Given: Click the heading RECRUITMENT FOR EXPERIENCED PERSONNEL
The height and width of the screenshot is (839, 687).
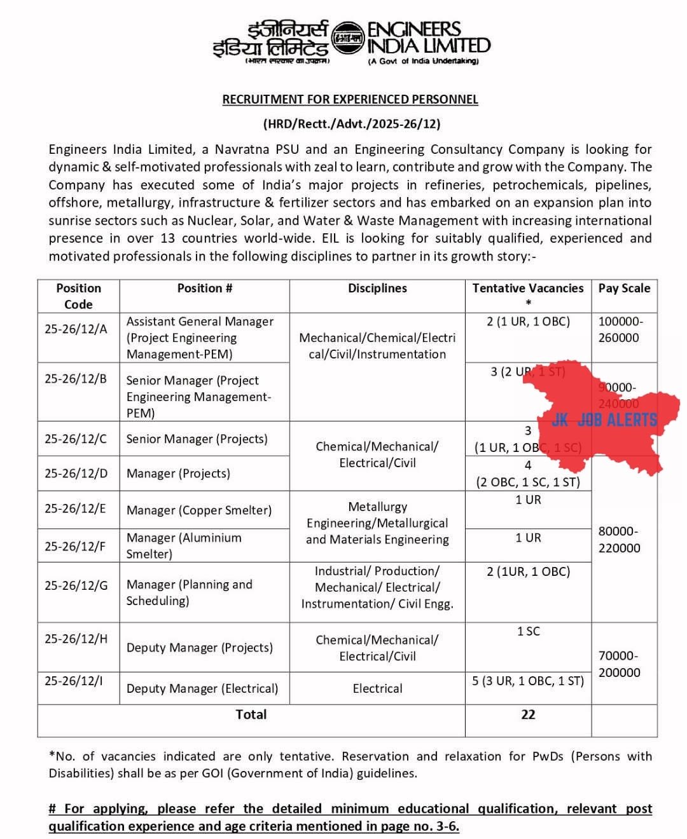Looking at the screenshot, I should click(350, 99).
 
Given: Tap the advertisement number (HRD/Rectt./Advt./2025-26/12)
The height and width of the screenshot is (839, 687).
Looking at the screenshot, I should click(351, 123).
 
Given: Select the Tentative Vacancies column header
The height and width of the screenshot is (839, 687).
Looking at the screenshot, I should click(527, 289).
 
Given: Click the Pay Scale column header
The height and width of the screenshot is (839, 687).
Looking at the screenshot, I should click(624, 288).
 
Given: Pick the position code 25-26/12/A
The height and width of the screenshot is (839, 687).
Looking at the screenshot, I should click(76, 329).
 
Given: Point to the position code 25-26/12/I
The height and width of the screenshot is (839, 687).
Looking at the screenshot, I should click(73, 681).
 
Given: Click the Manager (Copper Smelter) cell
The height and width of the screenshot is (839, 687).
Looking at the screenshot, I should click(198, 510).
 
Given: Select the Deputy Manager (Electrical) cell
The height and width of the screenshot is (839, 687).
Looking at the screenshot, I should click(202, 688).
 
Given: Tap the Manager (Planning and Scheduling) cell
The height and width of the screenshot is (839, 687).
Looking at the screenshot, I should click(190, 592).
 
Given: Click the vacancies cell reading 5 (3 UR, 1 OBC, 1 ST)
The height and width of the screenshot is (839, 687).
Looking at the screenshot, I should click(528, 681).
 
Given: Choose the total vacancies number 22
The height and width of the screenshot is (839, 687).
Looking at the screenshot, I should click(528, 714).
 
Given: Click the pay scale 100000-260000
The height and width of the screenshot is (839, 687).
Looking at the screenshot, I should click(620, 329).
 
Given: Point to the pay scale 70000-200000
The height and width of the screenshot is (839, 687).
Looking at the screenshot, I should click(619, 664).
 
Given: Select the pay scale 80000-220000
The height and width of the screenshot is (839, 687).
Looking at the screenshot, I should click(619, 539).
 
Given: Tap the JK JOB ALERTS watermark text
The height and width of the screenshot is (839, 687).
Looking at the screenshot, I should click(604, 419).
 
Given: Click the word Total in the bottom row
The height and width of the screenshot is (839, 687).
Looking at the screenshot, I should click(251, 714).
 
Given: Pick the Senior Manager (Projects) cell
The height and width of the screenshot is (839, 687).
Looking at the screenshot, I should click(197, 439).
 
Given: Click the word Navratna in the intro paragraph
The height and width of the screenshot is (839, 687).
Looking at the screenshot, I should click(242, 149).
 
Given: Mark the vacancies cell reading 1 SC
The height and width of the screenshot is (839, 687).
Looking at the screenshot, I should click(528, 631).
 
